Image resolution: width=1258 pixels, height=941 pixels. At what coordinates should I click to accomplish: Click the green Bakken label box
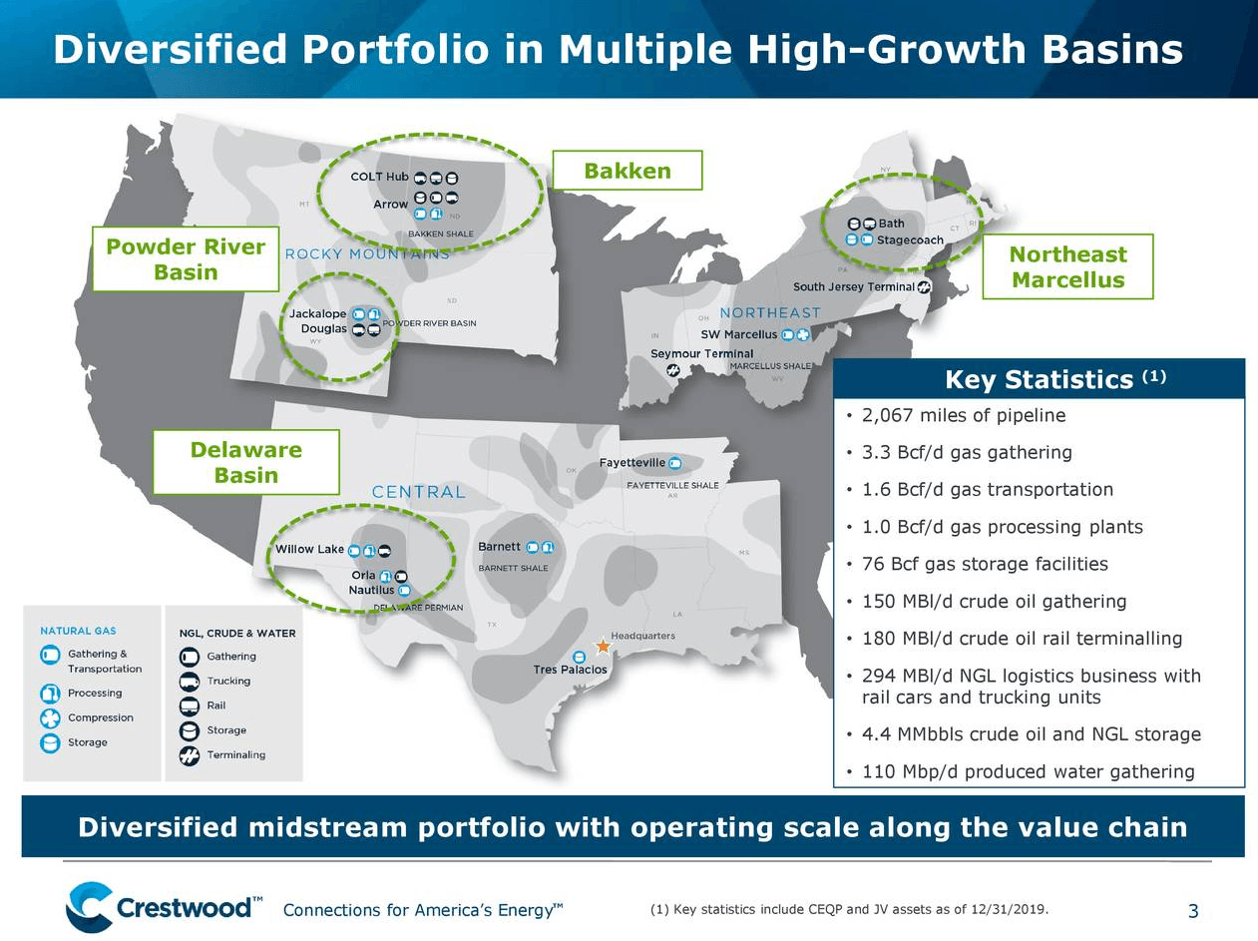point(628,171)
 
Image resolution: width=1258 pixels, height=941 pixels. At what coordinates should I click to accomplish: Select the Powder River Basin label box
point(186,259)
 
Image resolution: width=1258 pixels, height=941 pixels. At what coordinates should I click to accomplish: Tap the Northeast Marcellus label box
point(1067,266)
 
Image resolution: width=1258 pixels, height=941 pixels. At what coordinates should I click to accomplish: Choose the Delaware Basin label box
point(245,462)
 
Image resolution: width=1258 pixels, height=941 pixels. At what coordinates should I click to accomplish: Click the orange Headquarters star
point(603,646)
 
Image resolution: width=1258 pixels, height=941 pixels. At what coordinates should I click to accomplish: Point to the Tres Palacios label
point(570,670)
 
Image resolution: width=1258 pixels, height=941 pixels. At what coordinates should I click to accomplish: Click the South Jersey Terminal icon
point(924,287)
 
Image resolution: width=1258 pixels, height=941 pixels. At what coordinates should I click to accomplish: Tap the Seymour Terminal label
point(701,354)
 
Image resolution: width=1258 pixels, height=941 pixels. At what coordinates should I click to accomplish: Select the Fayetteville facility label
point(632,463)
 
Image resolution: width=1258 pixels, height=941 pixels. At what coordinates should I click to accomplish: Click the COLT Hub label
point(379,177)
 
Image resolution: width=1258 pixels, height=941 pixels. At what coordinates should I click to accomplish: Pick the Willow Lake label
point(309,549)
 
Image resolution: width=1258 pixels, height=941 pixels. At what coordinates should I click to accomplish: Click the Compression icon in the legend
point(50,718)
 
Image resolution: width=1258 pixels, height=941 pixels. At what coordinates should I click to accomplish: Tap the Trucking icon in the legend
point(190,682)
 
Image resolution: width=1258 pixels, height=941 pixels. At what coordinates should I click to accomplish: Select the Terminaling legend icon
point(190,755)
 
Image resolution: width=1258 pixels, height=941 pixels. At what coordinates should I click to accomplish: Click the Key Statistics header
point(1039,379)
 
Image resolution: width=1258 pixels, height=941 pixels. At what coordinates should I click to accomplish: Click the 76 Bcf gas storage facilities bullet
point(984,565)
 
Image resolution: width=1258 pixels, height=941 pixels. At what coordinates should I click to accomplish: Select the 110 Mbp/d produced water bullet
point(1028,771)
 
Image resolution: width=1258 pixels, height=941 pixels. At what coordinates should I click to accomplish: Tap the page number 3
point(1193,910)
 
